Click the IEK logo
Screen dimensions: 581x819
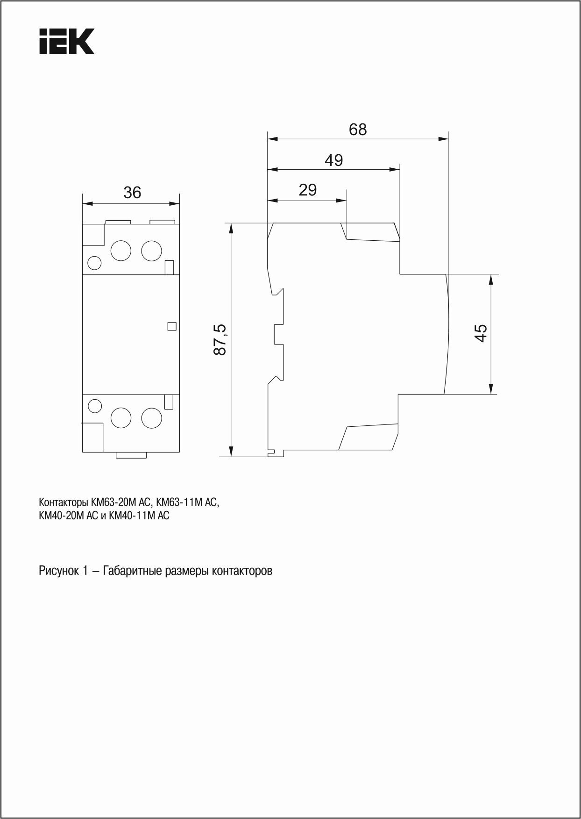tap(67, 41)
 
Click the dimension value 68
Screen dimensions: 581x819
tap(358, 129)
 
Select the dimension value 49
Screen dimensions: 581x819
tap(333, 160)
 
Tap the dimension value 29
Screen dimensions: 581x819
tap(307, 190)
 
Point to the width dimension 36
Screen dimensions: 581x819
tap(132, 193)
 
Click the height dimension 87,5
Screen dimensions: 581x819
tap(220, 339)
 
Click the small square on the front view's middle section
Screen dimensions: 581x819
tap(171, 327)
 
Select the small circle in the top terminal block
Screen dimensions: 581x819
tap(94, 263)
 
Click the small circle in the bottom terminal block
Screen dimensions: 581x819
tap(95, 406)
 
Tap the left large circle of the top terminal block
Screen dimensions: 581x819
tap(120, 251)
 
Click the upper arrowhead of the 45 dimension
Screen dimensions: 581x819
tap(490, 280)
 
